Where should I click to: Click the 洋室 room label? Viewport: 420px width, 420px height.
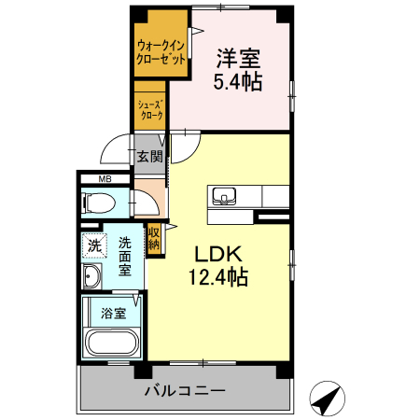(238, 59)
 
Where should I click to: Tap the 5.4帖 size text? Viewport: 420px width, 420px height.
(238, 82)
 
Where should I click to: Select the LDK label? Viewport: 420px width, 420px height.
(218, 254)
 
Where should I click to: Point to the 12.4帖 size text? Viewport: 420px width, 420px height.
(218, 276)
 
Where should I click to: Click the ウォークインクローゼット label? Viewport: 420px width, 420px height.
(161, 52)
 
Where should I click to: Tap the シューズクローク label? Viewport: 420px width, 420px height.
(151, 110)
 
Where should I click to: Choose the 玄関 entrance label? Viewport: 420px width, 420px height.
(150, 156)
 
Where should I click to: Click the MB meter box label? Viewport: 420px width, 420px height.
(105, 179)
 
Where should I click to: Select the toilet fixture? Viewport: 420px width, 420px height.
(98, 203)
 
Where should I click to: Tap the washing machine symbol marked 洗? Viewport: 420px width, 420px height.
(94, 245)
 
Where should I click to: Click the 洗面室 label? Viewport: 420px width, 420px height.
(125, 257)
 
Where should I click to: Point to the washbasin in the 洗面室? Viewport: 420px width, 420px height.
(91, 276)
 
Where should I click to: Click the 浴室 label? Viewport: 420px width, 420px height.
(114, 314)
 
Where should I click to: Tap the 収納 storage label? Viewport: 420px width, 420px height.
(154, 239)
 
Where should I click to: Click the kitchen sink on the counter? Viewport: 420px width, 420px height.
(224, 196)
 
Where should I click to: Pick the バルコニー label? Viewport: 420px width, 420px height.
(185, 390)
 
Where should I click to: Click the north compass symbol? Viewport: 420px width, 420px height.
(328, 399)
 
